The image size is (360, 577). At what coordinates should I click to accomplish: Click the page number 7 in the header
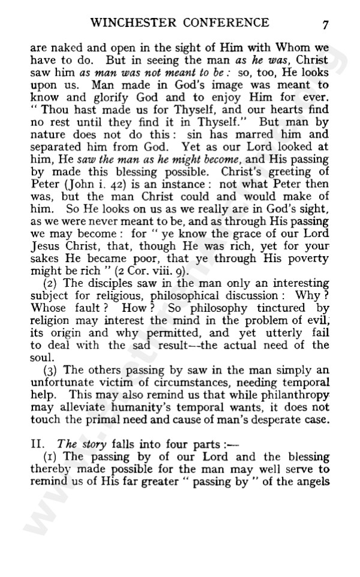point(325,25)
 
